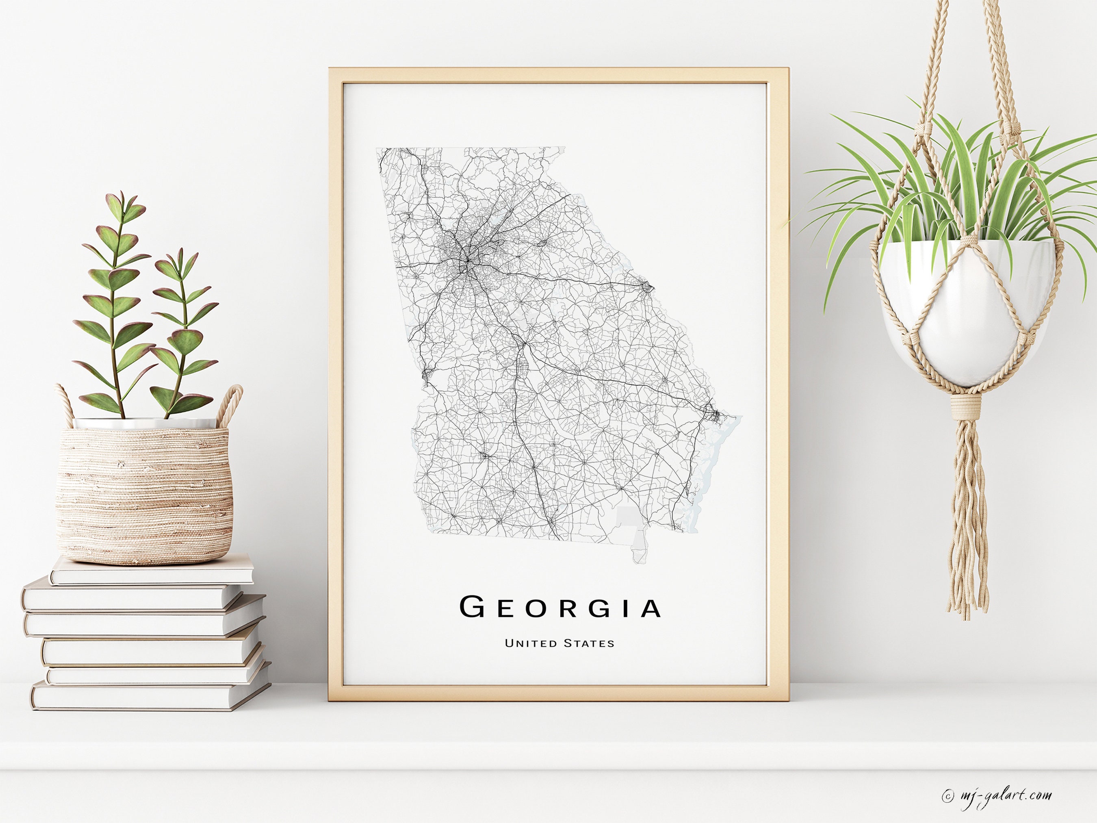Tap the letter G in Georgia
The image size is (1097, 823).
[x=472, y=607]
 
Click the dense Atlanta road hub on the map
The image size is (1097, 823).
[x=466, y=261]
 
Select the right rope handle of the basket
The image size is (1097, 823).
[x=231, y=404]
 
